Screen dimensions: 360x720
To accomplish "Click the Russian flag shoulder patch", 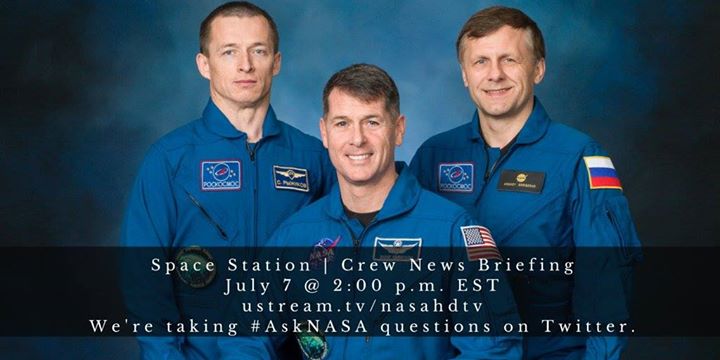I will [602, 173].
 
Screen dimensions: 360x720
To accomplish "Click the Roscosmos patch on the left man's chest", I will [220, 175].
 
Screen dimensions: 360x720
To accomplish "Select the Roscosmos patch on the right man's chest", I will [456, 177].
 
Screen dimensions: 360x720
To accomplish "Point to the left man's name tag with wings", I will [291, 178].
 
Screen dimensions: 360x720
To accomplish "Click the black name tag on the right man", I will [521, 181].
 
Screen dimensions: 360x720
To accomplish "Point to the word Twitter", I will [594, 326].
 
